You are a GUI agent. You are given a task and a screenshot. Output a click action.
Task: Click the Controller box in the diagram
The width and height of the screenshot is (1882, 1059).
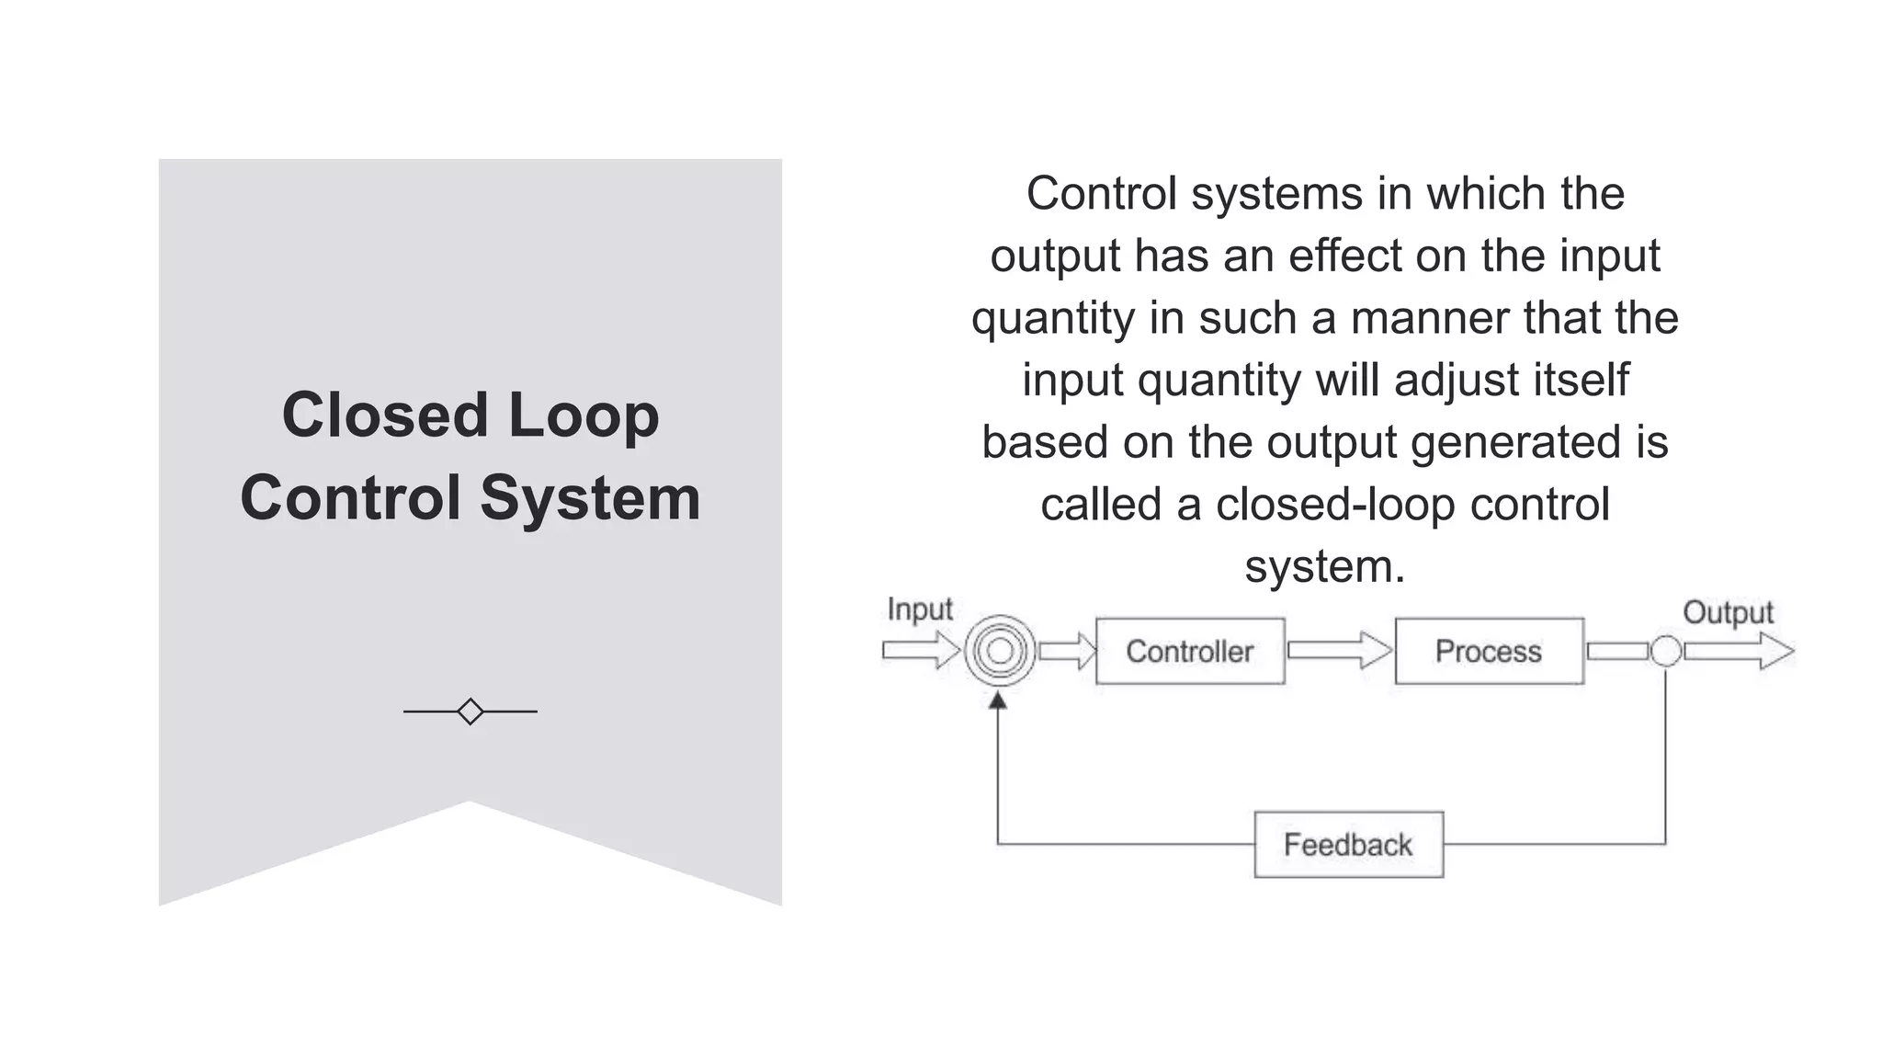point(1189,651)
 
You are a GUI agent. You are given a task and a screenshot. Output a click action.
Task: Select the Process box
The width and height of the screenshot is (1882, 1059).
point(1489,651)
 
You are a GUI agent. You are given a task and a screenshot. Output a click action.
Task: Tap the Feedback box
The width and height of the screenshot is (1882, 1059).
point(1348,844)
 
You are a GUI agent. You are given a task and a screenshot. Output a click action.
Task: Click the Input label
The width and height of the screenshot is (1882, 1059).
point(919,609)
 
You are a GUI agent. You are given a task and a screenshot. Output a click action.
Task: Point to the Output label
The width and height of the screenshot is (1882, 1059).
point(1727,612)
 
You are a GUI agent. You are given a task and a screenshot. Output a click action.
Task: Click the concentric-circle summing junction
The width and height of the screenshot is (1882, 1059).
point(1000,651)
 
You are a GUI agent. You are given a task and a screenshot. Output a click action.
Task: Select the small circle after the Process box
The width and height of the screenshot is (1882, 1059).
point(1665,651)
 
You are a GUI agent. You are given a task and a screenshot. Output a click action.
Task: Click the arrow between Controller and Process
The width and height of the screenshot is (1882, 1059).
point(1339,651)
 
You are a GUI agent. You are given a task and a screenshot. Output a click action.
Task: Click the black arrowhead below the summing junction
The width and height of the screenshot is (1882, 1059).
point(998,701)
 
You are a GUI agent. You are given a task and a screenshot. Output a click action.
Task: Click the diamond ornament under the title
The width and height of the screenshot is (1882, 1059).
point(470,712)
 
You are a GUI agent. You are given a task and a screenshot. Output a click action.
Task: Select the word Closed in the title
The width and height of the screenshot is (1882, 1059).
point(384,415)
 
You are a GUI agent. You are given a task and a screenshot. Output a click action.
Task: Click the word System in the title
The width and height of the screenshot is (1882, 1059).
point(590,498)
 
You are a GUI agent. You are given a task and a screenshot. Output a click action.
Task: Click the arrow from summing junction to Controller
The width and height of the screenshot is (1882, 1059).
point(1066,651)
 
